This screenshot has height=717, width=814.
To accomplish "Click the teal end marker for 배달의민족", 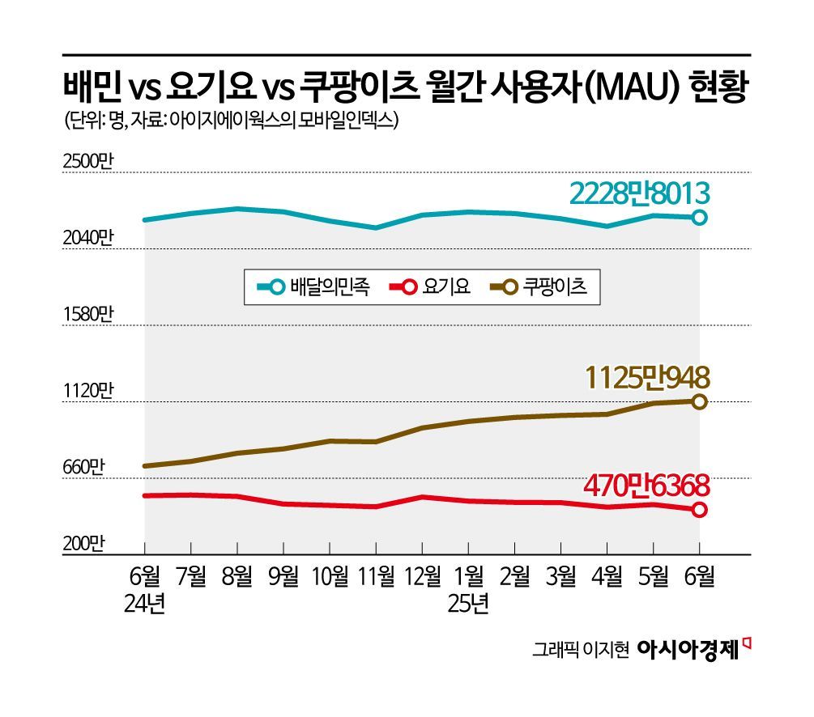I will pyautogui.click(x=700, y=217).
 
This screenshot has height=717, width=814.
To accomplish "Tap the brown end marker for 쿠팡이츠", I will pyautogui.click(x=700, y=401).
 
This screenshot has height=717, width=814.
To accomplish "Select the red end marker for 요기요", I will pyautogui.click(x=700, y=509).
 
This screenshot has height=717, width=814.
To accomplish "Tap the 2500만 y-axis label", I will pyautogui.click(x=89, y=161).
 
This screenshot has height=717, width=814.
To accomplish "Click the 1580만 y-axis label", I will pyautogui.click(x=89, y=314).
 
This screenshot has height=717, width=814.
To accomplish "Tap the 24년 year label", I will pyautogui.click(x=145, y=604).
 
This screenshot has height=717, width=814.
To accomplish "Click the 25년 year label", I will pyautogui.click(x=468, y=604).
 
